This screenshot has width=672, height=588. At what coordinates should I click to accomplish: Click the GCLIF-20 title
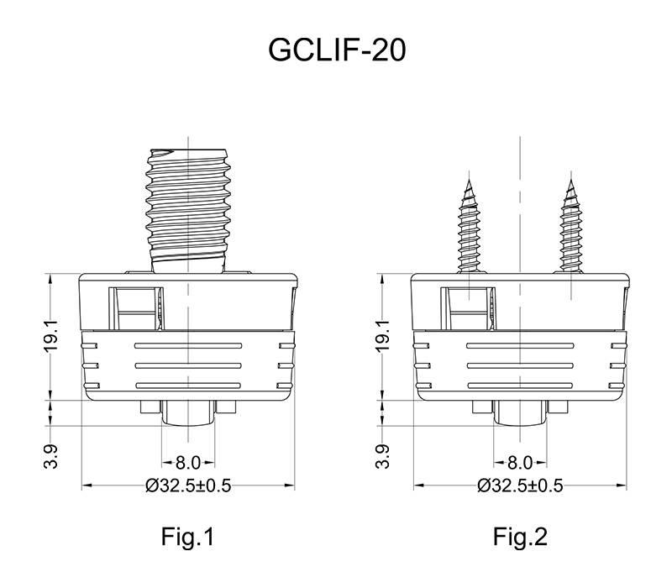point(336,50)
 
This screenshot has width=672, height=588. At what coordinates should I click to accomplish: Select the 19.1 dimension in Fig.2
point(381,336)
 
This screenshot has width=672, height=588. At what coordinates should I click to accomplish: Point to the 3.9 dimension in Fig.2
point(381,458)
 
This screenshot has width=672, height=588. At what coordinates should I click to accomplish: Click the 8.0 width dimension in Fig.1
point(187,462)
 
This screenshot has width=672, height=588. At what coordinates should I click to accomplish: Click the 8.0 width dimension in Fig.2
point(520,462)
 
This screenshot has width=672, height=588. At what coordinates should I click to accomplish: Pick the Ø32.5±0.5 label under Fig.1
point(187,486)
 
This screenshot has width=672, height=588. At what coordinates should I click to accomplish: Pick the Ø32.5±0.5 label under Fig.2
point(520,486)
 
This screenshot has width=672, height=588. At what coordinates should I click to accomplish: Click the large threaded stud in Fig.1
point(187,206)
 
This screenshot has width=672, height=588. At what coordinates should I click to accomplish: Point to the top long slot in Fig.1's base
point(187,345)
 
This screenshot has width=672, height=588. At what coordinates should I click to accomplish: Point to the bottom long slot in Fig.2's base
point(519,385)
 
